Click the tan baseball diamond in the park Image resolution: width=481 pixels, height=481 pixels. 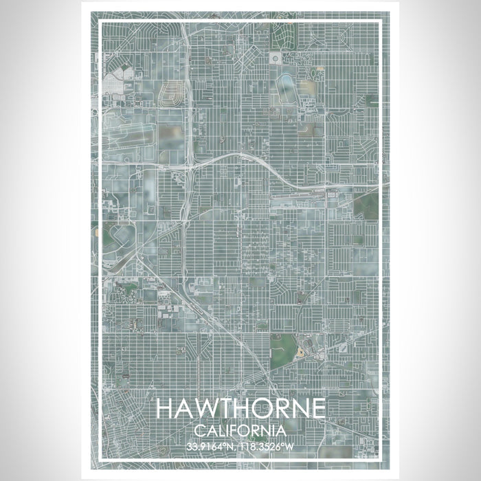point(300,352)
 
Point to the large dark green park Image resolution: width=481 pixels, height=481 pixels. point(282,350)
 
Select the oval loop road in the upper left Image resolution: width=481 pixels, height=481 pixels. point(172,96)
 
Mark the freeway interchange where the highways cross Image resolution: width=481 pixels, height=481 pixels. point(188,165)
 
